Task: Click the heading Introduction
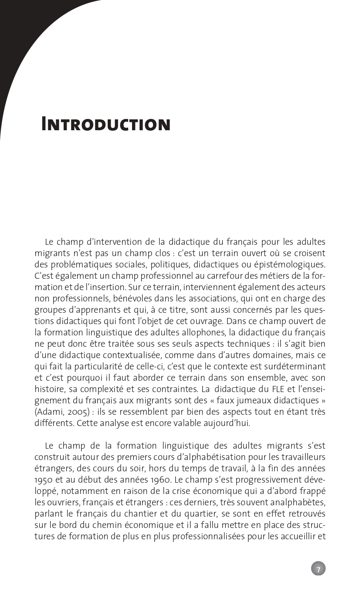click(x=105, y=125)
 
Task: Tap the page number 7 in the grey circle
click(x=318, y=569)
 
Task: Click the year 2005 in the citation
click(x=75, y=412)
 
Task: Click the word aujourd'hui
click(x=227, y=423)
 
